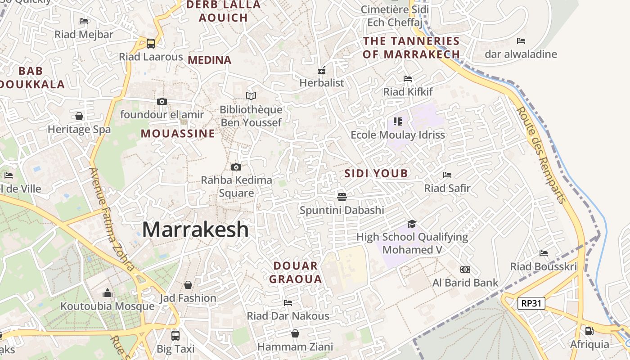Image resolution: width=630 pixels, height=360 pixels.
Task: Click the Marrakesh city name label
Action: coord(195,229)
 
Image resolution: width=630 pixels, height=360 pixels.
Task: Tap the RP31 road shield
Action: coord(531,303)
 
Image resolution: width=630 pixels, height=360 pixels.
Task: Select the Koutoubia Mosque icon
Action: coord(108,293)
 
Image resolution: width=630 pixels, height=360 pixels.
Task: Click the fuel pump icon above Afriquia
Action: coord(589,331)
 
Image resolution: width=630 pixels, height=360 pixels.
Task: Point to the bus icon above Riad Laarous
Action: coord(151,43)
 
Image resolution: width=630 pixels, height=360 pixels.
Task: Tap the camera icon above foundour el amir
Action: coord(162,101)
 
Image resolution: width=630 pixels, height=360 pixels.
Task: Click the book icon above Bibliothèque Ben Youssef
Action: coord(251,96)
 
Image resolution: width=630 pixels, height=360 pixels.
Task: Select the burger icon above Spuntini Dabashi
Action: coord(342,197)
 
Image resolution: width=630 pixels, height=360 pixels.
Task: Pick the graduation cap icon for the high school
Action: coord(412,224)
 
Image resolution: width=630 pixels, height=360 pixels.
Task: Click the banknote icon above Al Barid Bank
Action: coord(465,270)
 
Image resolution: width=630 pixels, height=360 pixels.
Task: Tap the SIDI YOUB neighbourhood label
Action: coord(376,173)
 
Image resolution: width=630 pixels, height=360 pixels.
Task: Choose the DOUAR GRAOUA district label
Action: coord(296,272)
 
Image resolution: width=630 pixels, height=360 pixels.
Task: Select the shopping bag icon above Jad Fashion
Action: coord(188,285)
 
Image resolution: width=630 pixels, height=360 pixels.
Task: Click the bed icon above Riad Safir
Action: coord(447,175)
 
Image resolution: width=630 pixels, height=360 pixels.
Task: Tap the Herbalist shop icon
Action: coord(322,70)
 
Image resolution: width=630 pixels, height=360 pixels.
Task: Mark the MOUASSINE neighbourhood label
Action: coord(178,134)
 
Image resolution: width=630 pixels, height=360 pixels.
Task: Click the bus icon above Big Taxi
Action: coord(175,335)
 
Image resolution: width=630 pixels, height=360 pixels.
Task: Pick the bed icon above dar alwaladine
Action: coord(521,41)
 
